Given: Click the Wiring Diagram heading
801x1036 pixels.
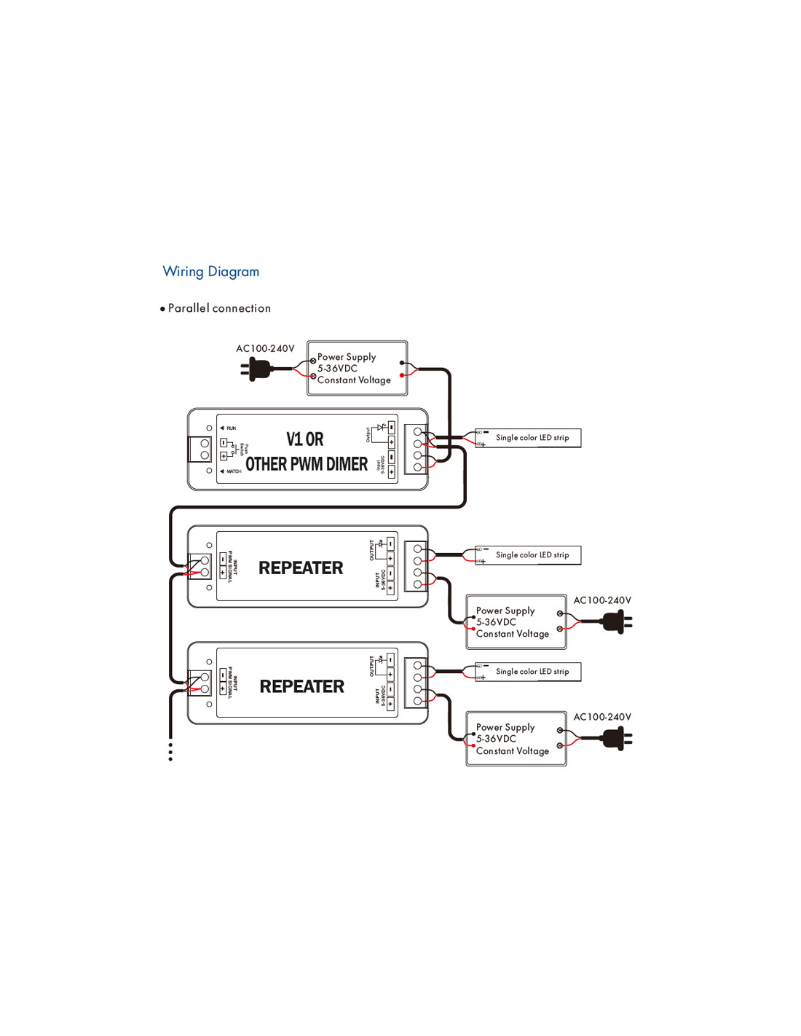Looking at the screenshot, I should (x=210, y=272).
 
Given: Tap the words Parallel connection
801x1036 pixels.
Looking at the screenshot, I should (x=219, y=308).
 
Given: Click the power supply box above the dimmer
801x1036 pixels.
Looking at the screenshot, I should (x=357, y=368).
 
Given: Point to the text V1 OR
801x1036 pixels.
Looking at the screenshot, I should (x=304, y=439).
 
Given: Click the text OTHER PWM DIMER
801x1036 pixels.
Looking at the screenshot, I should (x=307, y=464).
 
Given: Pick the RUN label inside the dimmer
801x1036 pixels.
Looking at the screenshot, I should (x=231, y=428).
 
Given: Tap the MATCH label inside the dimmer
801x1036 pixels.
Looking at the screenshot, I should (x=233, y=471).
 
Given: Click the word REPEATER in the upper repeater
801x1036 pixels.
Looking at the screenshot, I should (x=301, y=568).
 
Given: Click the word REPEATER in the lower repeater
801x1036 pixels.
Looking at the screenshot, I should (x=301, y=686).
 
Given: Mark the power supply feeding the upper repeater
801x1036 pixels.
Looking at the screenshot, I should (x=516, y=622).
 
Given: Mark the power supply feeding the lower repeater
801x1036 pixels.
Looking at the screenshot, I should (x=516, y=739).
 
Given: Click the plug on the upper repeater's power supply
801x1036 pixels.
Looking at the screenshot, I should (x=616, y=622).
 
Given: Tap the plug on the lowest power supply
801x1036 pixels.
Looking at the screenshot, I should (x=616, y=739).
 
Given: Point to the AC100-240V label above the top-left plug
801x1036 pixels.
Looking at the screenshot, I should (x=265, y=349).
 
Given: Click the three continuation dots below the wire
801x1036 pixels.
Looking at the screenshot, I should (x=170, y=752).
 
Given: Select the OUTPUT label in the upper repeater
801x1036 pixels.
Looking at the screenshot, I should (x=371, y=550).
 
